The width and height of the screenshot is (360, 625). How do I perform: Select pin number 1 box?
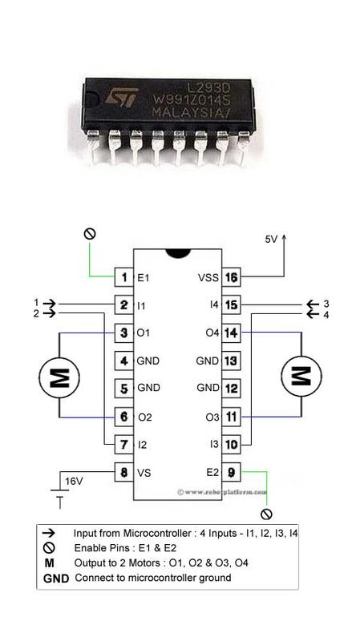[x=124, y=278]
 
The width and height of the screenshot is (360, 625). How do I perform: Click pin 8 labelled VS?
[x=124, y=472]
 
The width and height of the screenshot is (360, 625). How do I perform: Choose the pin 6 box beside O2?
[x=124, y=417]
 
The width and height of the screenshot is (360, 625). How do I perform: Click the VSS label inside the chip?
[x=207, y=278]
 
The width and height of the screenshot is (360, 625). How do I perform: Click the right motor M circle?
[x=299, y=376]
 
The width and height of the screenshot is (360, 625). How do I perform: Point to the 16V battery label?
[x=74, y=482]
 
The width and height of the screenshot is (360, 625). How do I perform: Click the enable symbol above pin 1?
[x=90, y=233]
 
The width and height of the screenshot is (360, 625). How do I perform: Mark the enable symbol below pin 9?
[x=266, y=514]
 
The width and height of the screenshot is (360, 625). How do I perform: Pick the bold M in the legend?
[x=50, y=562]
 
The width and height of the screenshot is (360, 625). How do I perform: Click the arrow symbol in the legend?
[x=50, y=533]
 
